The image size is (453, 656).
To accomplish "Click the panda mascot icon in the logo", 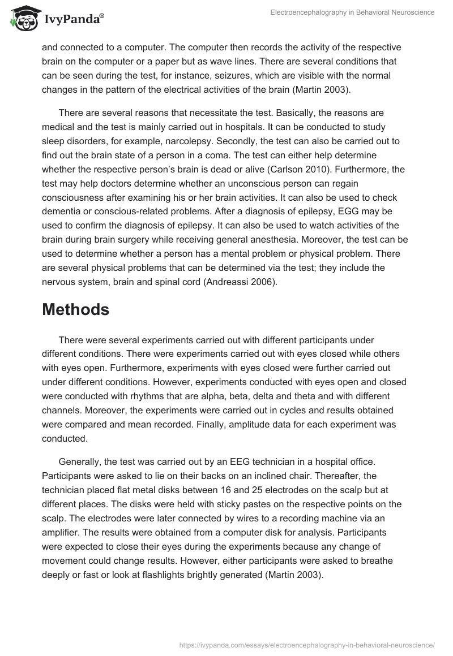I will point(22,18).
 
